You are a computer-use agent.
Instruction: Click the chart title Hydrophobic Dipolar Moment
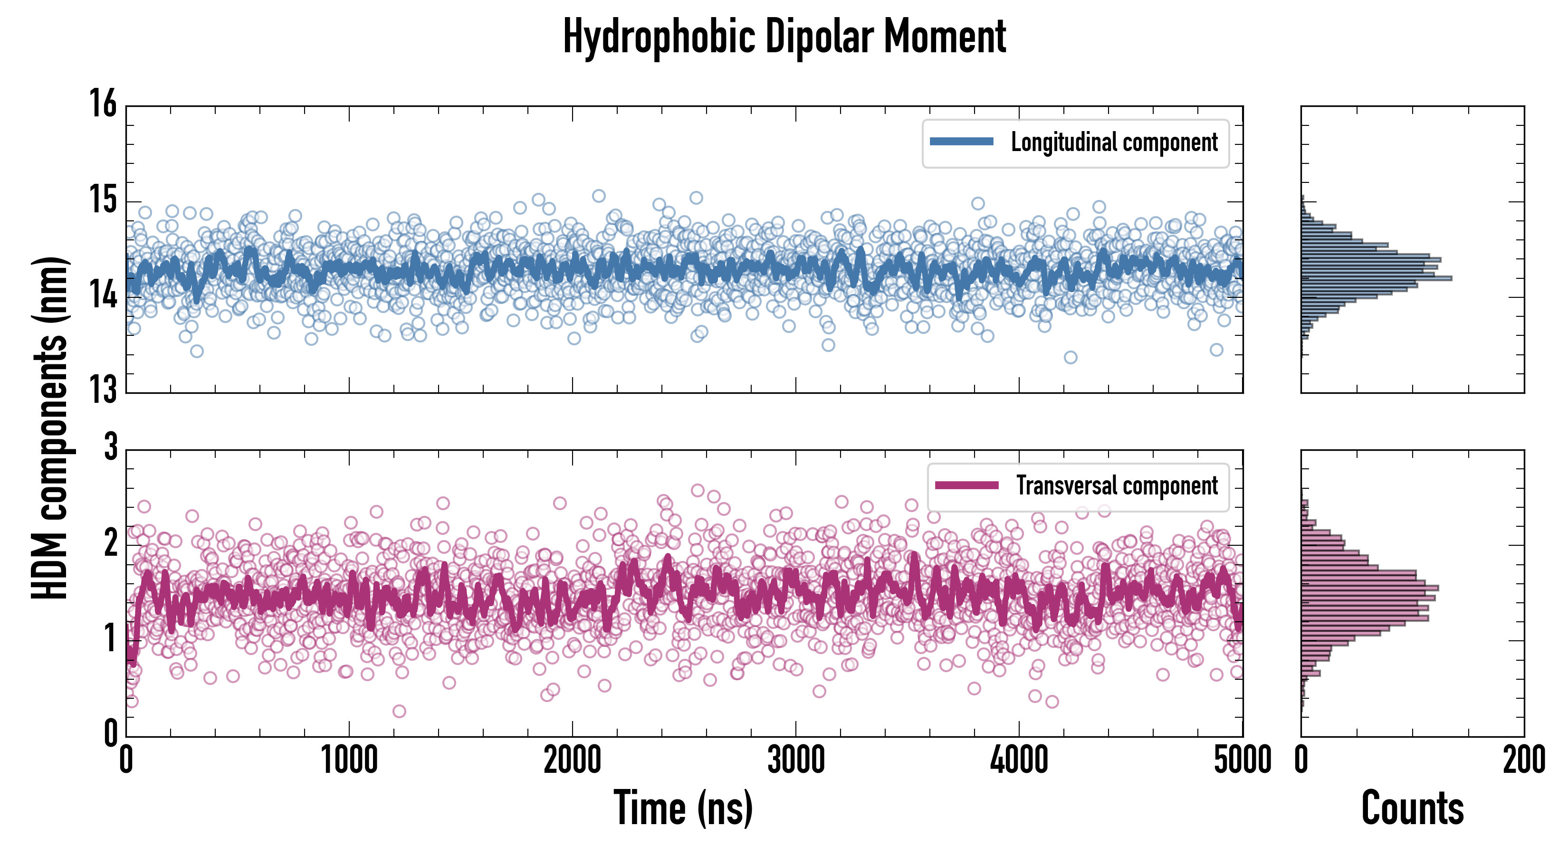coord(784,37)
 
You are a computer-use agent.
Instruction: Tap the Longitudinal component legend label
coord(1114,142)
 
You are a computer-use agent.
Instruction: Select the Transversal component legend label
coord(1117,485)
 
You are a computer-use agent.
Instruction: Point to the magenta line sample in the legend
coord(966,485)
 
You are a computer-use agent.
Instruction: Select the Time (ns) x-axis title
coord(683,808)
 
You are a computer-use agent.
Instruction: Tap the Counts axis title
coord(1412,808)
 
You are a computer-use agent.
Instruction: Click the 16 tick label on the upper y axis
coord(103,104)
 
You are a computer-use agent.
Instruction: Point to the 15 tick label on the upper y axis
coord(103,199)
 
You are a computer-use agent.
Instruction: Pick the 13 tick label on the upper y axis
coord(103,389)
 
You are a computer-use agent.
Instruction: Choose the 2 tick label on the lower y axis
coord(110,543)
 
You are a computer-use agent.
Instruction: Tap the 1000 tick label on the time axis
coord(349,760)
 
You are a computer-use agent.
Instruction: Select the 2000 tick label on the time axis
coord(572,760)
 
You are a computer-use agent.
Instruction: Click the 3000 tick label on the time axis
coord(795,760)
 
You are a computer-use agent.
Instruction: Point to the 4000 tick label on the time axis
coord(1019,760)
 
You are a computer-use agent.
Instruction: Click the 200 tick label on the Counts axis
coord(1523,760)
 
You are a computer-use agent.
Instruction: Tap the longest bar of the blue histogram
coord(1376,278)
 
